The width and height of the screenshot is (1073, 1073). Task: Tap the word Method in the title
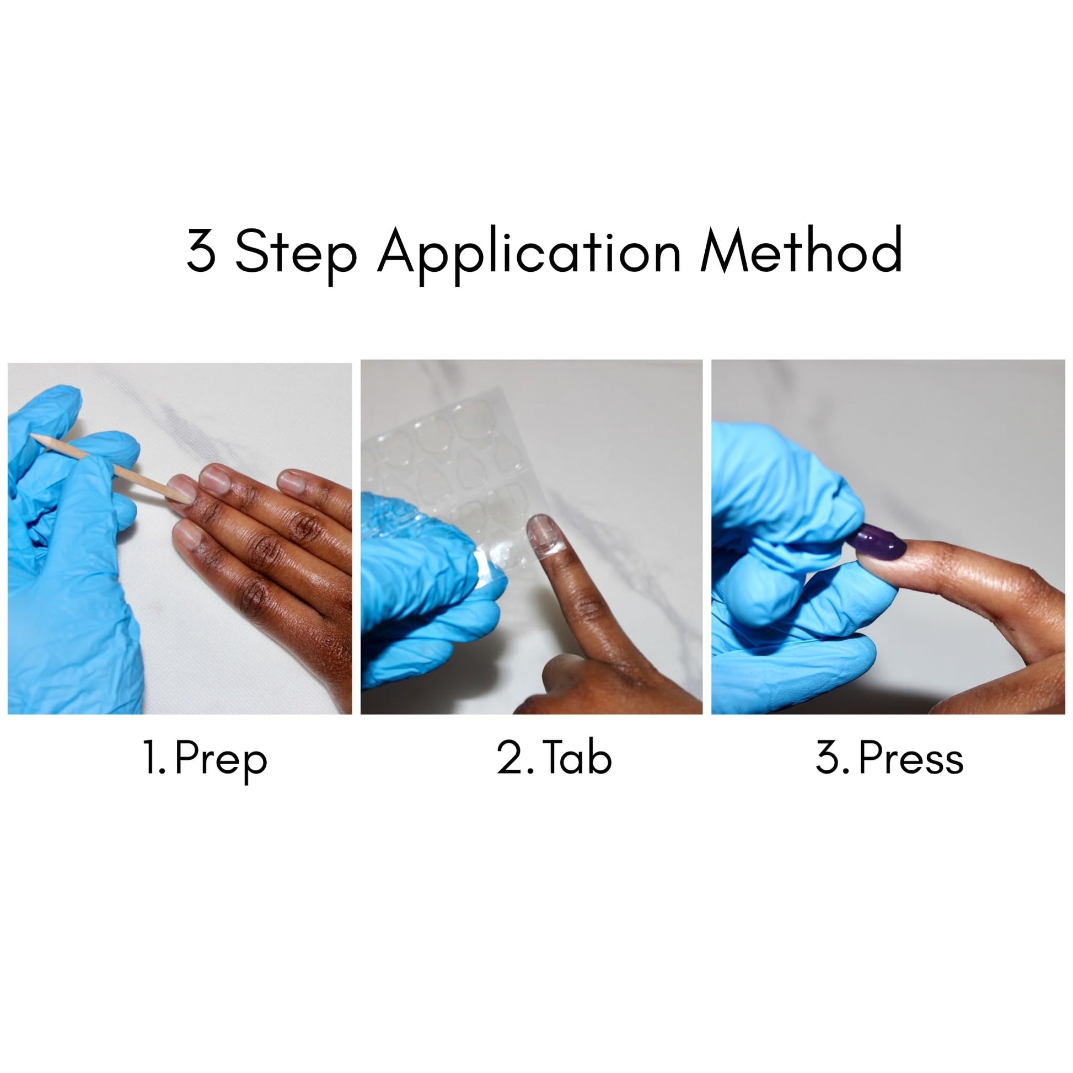pyautogui.click(x=801, y=249)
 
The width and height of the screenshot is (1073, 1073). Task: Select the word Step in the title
pyautogui.click(x=296, y=255)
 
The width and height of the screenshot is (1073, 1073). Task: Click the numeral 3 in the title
pyautogui.click(x=201, y=250)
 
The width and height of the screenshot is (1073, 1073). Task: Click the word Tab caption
pyautogui.click(x=578, y=756)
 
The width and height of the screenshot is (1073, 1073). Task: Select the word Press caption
pyautogui.click(x=911, y=757)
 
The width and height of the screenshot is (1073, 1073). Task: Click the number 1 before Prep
pyautogui.click(x=150, y=757)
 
